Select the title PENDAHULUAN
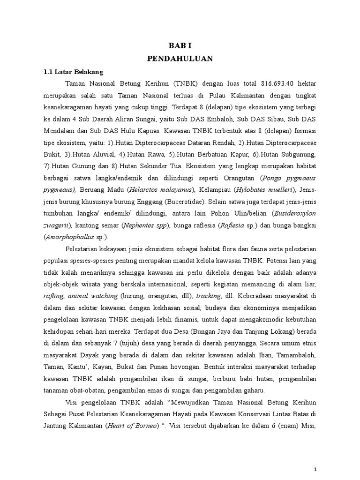180,59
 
